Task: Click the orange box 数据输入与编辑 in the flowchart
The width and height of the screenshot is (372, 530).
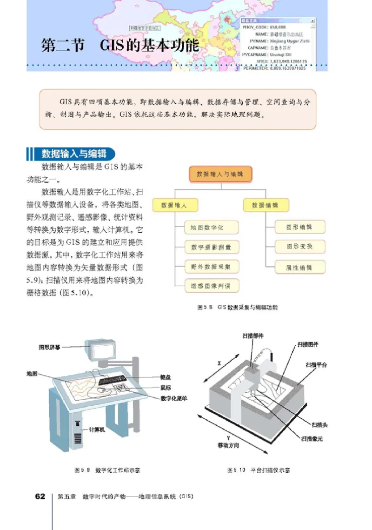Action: click(x=220, y=174)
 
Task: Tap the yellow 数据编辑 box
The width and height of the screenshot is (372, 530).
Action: click(x=266, y=205)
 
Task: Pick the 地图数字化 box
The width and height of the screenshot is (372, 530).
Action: click(x=207, y=228)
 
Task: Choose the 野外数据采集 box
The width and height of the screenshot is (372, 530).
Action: click(x=207, y=267)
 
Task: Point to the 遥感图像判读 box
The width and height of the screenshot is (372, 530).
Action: click(x=207, y=286)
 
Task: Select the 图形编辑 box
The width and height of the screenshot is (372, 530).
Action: click(x=299, y=227)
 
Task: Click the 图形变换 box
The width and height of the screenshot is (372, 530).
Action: click(x=299, y=247)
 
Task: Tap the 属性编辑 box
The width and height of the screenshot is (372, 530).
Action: click(x=299, y=268)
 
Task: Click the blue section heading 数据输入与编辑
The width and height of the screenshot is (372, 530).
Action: click(x=72, y=154)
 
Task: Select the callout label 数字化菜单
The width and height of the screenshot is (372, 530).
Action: click(x=174, y=398)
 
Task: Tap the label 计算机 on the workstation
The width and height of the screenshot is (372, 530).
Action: click(x=97, y=430)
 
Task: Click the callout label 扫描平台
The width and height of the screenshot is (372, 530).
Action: click(x=316, y=365)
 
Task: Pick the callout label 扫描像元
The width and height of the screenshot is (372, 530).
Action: click(x=312, y=438)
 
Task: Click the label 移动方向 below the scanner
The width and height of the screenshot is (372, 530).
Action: click(x=228, y=445)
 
